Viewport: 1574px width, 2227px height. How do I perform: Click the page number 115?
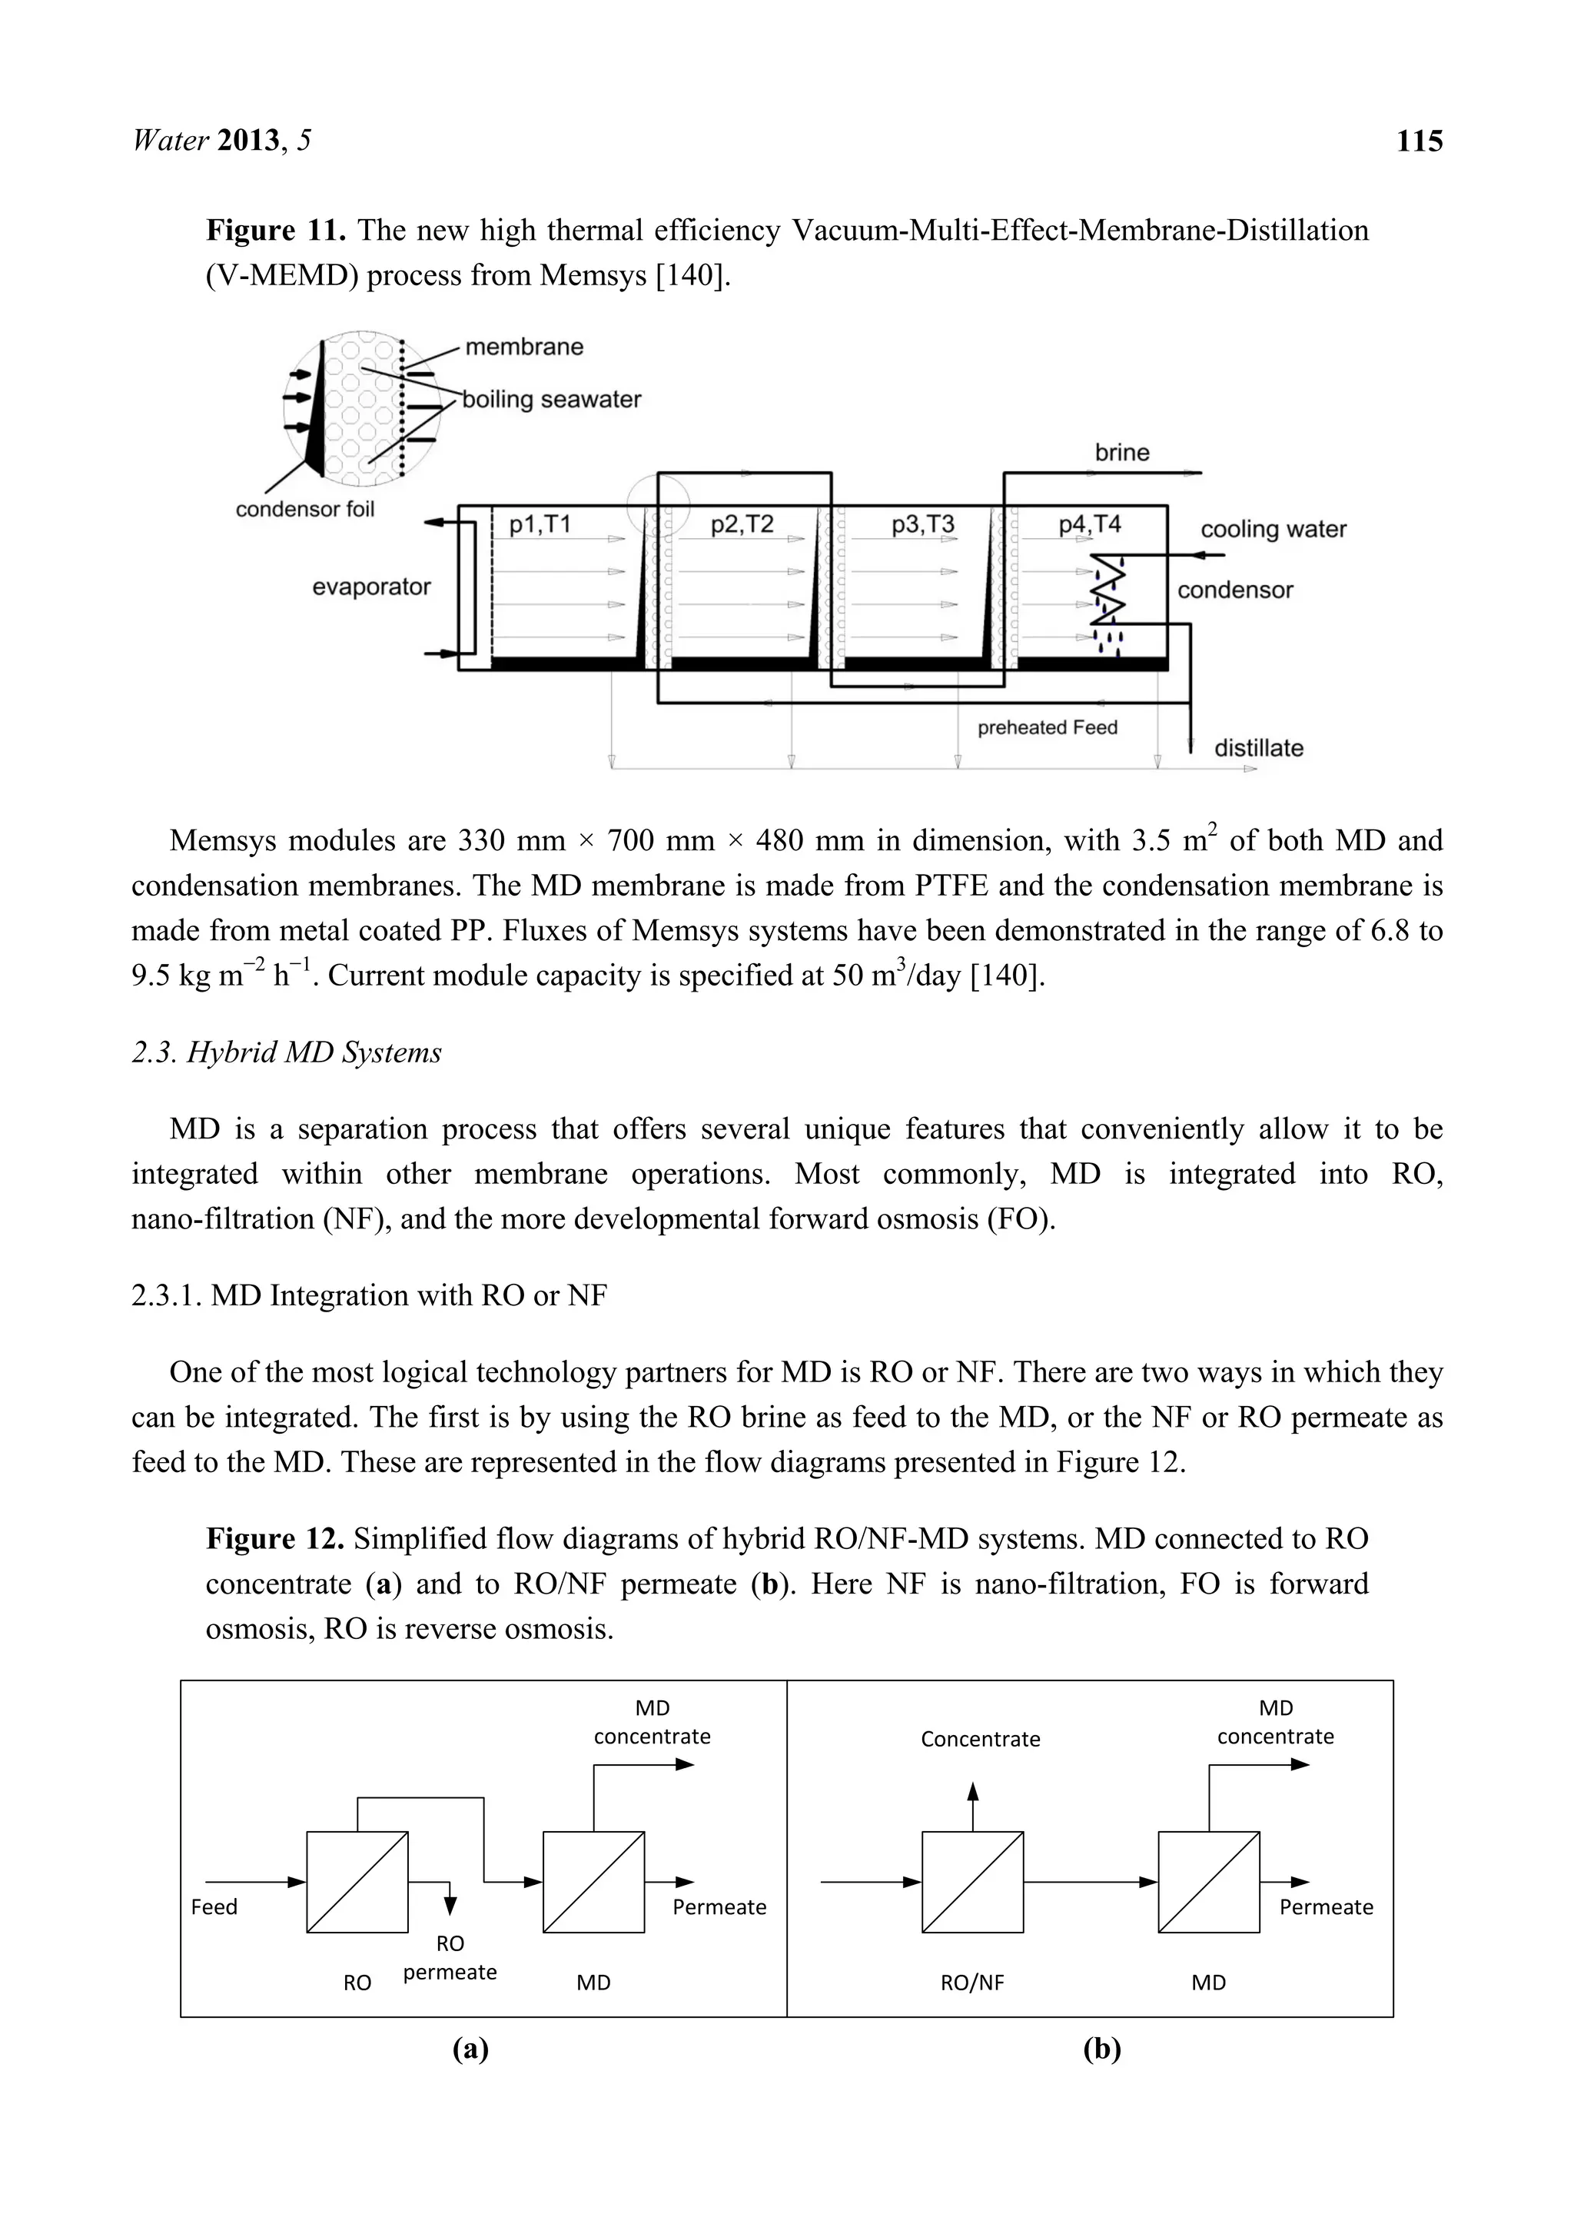1419,141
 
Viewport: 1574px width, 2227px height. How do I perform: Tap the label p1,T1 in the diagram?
540,525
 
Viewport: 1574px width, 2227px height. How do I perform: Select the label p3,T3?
922,525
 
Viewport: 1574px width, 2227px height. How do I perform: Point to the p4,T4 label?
1089,525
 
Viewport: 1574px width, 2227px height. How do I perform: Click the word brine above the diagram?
1121,452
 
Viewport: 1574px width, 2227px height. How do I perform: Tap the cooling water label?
1273,530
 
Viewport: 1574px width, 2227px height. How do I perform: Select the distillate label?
1258,748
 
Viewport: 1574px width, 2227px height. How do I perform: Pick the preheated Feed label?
1047,727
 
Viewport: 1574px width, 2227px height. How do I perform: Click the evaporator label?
370,587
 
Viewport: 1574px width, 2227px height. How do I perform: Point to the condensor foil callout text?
304,509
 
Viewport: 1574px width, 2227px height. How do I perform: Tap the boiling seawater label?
551,400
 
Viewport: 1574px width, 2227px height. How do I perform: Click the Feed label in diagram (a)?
214,1907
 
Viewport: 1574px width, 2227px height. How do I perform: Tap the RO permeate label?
450,1957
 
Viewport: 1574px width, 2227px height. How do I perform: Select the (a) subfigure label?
470,2049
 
